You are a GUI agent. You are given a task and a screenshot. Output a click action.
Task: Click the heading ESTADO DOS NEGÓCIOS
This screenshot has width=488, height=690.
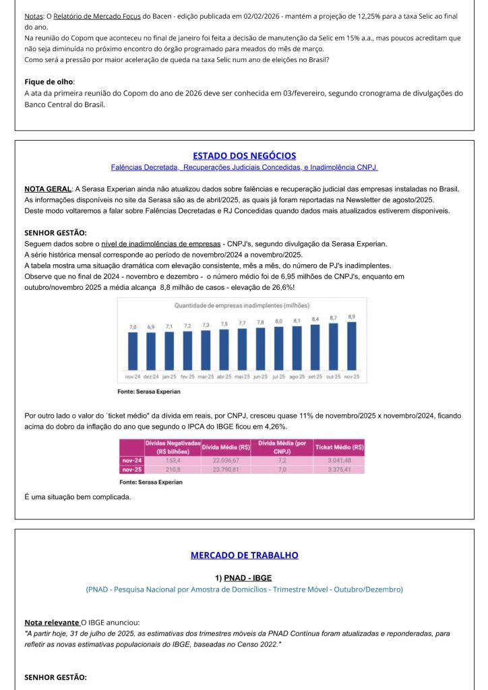pos(244,156)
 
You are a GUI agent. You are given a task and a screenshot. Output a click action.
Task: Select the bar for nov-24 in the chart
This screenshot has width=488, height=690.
pos(133,350)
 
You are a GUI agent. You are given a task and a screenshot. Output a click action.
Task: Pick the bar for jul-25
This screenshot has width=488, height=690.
pos(278,348)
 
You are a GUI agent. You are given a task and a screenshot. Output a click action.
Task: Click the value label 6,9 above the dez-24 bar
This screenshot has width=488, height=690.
pos(151,327)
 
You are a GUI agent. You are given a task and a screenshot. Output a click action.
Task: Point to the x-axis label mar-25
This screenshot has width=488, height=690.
pos(206,376)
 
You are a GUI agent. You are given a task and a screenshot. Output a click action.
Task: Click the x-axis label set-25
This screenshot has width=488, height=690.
pos(315,376)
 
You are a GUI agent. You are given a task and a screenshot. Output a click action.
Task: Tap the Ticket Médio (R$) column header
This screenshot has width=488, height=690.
pos(340,447)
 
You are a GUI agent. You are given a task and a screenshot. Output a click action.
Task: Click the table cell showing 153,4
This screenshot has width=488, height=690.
pos(173,460)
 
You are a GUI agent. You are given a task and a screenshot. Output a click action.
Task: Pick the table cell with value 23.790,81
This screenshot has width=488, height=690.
pos(226,469)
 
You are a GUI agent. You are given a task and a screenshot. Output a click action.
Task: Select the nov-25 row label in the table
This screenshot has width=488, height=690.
pos(131,469)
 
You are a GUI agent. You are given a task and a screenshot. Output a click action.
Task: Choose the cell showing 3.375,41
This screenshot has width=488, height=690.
pos(340,469)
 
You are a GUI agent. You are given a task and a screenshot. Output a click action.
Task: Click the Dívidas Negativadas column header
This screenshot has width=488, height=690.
pos(173,447)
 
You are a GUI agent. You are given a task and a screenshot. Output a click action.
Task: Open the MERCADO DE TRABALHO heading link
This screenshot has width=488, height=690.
pos(244,556)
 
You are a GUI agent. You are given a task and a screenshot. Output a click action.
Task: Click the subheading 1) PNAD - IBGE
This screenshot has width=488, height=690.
pos(243,577)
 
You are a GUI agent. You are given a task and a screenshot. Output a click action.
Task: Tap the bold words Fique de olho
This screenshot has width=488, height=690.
pos(49,82)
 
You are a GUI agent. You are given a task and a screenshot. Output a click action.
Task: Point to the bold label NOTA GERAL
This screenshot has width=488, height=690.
pos(47,189)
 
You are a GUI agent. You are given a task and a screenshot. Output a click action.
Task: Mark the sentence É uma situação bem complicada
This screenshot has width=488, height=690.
pos(78,497)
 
